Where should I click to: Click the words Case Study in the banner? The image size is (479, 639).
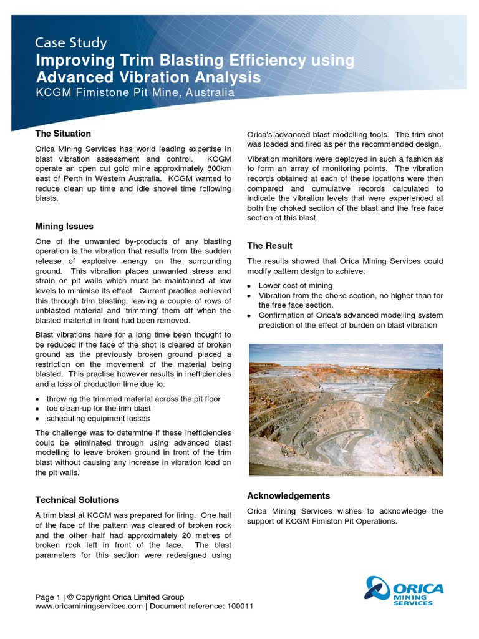tap(70, 43)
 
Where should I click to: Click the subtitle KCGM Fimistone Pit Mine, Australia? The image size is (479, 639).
tap(135, 92)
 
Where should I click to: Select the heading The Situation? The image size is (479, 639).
tap(63, 134)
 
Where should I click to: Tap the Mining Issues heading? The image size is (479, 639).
tap(64, 226)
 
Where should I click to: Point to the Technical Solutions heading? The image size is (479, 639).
tap(77, 500)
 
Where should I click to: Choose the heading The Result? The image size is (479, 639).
tap(269, 246)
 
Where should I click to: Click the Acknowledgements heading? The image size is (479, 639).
tap(289, 495)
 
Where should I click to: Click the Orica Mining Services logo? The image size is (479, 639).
tap(404, 591)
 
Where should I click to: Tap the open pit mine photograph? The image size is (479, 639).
tap(346, 410)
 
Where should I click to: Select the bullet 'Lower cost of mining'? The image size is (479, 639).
tap(296, 285)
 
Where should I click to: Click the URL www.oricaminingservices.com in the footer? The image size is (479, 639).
tap(89, 607)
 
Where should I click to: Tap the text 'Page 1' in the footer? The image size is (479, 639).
tap(48, 597)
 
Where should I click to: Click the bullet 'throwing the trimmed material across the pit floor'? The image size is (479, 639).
tap(133, 398)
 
